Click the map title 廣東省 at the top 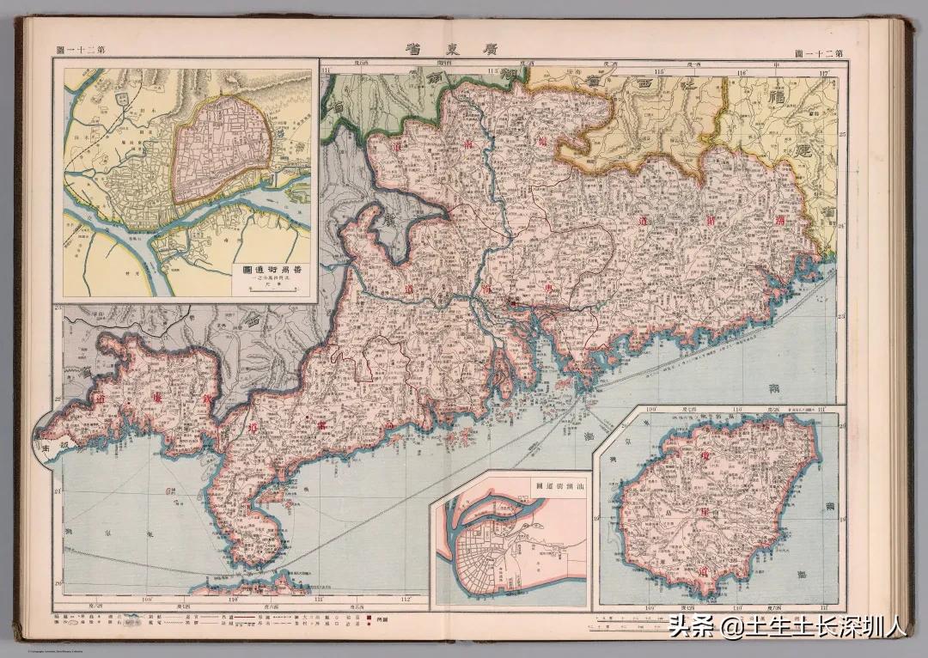[464, 49]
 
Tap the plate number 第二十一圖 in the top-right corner [820, 52]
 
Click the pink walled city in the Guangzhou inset [223, 150]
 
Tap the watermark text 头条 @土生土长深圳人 [788, 627]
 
